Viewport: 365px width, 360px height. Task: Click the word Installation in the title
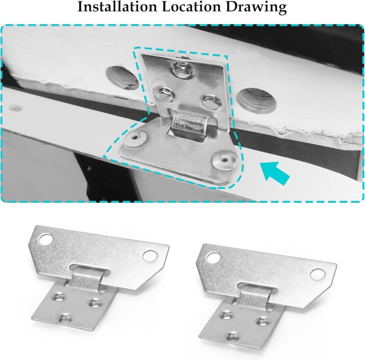pyautogui.click(x=117, y=6)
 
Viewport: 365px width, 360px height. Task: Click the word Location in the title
pyautogui.click(x=191, y=6)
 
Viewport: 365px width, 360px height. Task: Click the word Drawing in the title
pyautogui.click(x=256, y=7)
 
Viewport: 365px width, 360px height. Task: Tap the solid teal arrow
pyautogui.click(x=275, y=173)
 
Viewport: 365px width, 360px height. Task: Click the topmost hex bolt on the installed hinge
pyautogui.click(x=182, y=69)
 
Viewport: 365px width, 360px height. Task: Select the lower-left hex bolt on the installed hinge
pyautogui.click(x=166, y=94)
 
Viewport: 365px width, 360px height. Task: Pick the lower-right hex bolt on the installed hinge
pyautogui.click(x=211, y=101)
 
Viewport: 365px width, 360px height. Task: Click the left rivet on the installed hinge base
pyautogui.click(x=136, y=138)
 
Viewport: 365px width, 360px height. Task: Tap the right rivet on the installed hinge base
pyautogui.click(x=224, y=160)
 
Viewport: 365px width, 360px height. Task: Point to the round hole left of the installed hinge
pyautogui.click(x=122, y=78)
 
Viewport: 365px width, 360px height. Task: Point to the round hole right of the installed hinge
pyautogui.click(x=256, y=101)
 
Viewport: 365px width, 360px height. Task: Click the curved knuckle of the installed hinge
pyautogui.click(x=189, y=123)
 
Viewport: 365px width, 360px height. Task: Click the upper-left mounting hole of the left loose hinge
pyautogui.click(x=46, y=239)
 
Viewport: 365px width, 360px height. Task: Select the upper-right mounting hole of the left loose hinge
pyautogui.click(x=150, y=256)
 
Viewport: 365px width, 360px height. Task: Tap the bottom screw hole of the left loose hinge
pyautogui.click(x=65, y=318)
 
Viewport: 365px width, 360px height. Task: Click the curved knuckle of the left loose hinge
pyautogui.click(x=87, y=277)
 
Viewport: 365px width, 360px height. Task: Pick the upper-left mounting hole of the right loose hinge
pyautogui.click(x=213, y=258)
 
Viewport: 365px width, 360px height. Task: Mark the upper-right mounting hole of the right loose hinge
pyautogui.click(x=318, y=274)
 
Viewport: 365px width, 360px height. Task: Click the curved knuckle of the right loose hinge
pyautogui.click(x=255, y=296)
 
